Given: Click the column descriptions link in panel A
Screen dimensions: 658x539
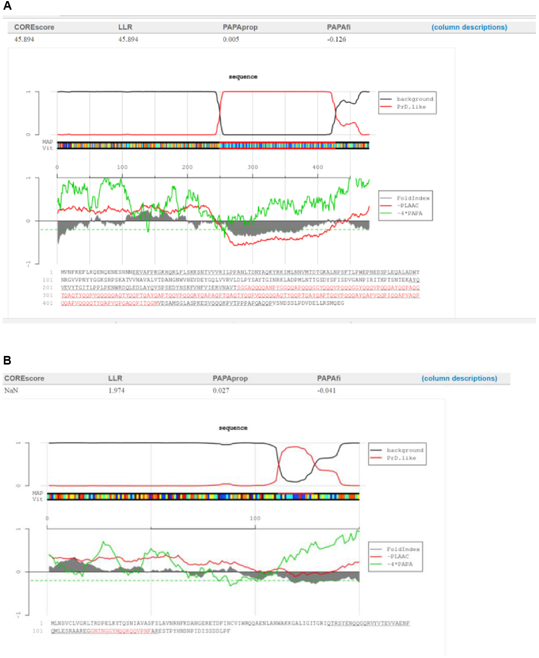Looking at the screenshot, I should [x=469, y=27].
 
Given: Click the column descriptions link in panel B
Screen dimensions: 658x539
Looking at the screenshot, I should [x=459, y=379].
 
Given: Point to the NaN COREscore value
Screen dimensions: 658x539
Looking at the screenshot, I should [x=11, y=390].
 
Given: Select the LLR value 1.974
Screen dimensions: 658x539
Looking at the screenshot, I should [x=116, y=390].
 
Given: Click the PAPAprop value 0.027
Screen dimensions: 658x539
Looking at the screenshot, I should [x=222, y=390].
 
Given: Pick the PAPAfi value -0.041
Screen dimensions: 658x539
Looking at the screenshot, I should [x=326, y=390].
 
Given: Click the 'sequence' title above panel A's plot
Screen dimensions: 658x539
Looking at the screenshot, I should [x=243, y=77].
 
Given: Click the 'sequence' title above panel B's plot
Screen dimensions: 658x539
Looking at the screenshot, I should [x=233, y=428].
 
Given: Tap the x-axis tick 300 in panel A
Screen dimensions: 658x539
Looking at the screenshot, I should [x=252, y=167].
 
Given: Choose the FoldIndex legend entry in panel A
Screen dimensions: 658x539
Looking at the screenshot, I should [x=413, y=198].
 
